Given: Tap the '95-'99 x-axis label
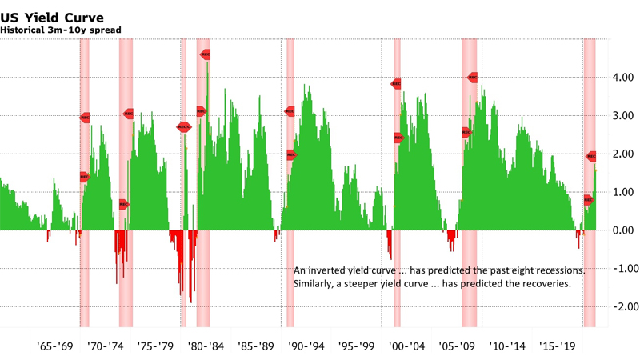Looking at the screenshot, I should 350,347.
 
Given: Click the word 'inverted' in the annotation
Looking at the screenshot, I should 326,270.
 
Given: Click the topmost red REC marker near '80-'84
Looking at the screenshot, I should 206,54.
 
